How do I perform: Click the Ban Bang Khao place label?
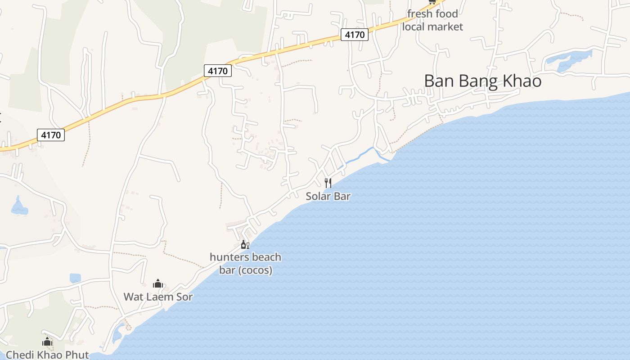482,81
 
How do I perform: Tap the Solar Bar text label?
328,196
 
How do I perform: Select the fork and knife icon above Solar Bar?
328,183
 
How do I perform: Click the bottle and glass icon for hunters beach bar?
245,245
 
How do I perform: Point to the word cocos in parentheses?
258,270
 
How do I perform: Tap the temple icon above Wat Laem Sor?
158,283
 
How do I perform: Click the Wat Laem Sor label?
158,297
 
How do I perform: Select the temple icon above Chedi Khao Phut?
47,342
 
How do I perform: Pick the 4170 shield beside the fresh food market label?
355,34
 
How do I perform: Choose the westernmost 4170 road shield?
51,135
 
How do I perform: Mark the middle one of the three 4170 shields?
218,71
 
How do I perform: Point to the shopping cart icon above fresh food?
432,2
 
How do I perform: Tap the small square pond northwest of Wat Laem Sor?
75,278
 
